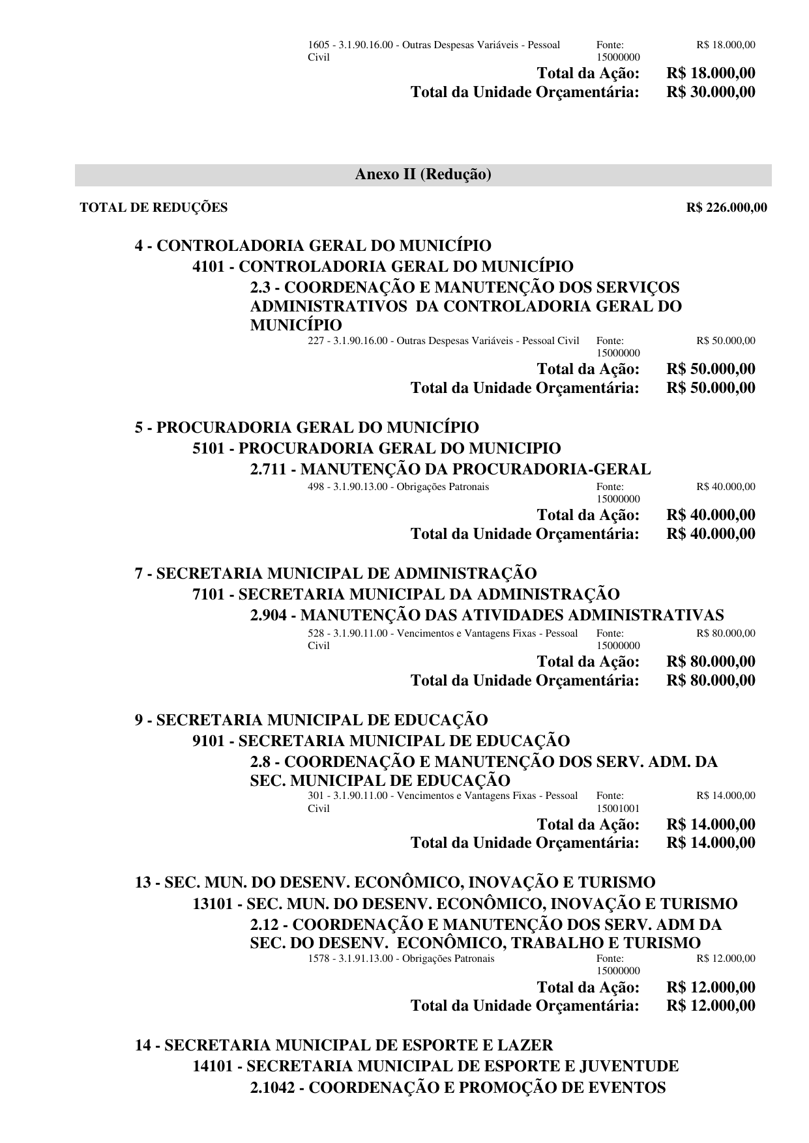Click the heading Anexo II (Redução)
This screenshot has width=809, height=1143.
point(423,175)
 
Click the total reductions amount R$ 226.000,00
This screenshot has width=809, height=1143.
point(727,208)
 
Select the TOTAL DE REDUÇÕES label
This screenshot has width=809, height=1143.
point(154,208)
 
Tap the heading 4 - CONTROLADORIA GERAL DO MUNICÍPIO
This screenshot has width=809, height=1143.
point(313,246)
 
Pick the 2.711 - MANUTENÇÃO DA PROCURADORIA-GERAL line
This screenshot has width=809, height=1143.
point(450,469)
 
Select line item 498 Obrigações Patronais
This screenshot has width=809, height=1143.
point(398,487)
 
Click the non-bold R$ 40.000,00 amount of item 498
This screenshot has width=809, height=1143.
point(726,487)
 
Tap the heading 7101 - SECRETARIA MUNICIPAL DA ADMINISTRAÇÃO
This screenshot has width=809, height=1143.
point(406,594)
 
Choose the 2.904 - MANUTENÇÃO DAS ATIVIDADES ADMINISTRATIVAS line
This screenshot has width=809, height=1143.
point(487,615)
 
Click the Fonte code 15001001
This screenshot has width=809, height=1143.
point(618,809)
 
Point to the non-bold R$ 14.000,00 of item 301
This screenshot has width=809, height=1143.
point(726,796)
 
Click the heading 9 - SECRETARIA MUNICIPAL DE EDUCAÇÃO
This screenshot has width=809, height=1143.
point(311,720)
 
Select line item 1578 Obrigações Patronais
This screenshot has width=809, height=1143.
point(401,959)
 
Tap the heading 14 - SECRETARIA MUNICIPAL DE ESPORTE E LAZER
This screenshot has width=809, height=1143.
point(344,1045)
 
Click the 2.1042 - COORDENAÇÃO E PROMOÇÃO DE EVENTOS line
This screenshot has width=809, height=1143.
point(458,1087)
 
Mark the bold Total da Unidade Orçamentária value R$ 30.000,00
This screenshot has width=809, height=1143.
point(711,92)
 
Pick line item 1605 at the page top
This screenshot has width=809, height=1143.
point(434,46)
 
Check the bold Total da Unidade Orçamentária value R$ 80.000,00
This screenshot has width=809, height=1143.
point(711,680)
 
